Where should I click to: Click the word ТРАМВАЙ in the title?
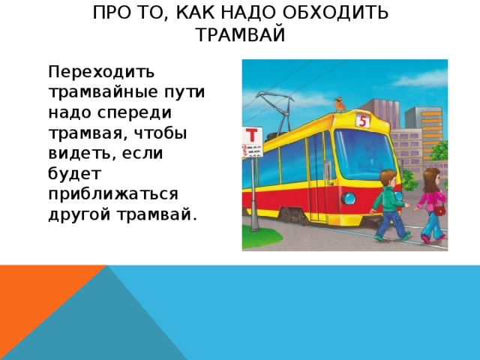[x=241, y=34]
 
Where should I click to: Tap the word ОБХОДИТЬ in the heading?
[x=335, y=13]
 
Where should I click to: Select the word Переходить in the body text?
[x=101, y=72]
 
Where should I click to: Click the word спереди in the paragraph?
[x=134, y=112]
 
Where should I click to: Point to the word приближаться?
[x=113, y=194]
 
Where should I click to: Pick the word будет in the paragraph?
[x=75, y=173]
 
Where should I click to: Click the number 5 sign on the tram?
[x=363, y=121]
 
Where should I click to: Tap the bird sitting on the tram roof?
[x=339, y=105]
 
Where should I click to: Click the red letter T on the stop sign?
[x=252, y=135]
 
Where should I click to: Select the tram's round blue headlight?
[x=348, y=199]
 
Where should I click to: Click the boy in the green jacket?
[x=390, y=205]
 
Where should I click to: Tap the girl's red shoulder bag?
[x=439, y=210]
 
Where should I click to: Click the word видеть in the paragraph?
[x=82, y=153]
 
